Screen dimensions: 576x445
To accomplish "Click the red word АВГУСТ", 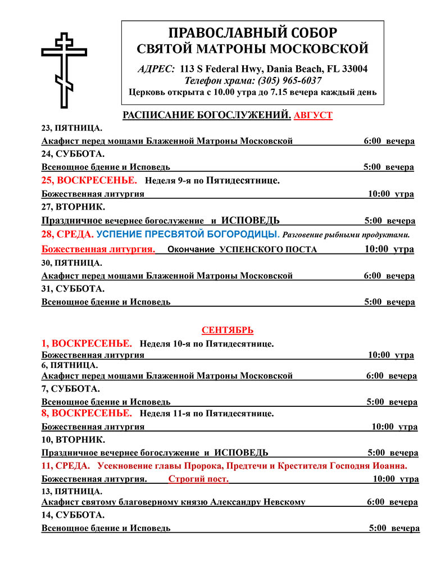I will tap(313, 115).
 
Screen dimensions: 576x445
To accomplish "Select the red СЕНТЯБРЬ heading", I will tap(228, 330).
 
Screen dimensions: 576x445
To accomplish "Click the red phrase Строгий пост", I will tap(198, 479).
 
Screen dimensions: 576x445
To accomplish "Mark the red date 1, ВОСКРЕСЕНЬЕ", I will tap(87, 343).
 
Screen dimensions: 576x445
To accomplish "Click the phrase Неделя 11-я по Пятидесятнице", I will tap(207, 414).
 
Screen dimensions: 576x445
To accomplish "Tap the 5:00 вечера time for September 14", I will tap(394, 528).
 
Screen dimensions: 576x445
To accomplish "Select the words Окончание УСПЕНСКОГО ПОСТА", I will tap(243, 250).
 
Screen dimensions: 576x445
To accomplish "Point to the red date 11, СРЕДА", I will tap(66, 466).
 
